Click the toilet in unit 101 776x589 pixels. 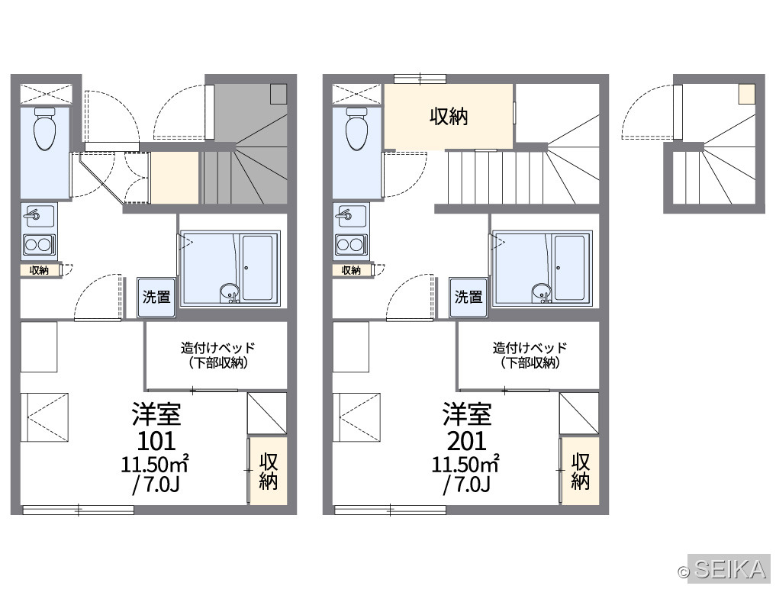click(44, 130)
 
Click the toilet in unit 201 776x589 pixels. click(357, 130)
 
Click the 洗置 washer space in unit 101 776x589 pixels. click(156, 297)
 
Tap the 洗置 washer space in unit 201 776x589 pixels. click(468, 297)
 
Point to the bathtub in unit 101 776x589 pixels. click(257, 268)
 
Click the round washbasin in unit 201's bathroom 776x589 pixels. click(541, 292)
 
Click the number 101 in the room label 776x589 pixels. click(156, 440)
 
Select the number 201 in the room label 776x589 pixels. click(467, 440)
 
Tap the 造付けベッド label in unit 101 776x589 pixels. click(217, 347)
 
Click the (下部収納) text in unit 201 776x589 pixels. click(530, 363)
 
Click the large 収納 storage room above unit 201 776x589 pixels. click(449, 117)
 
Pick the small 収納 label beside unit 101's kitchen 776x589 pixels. click(39, 270)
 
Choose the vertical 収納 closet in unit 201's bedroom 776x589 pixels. click(580, 472)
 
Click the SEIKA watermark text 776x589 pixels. click(730, 570)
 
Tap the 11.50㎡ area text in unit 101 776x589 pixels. click(155, 465)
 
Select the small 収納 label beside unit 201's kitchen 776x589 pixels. click(352, 270)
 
